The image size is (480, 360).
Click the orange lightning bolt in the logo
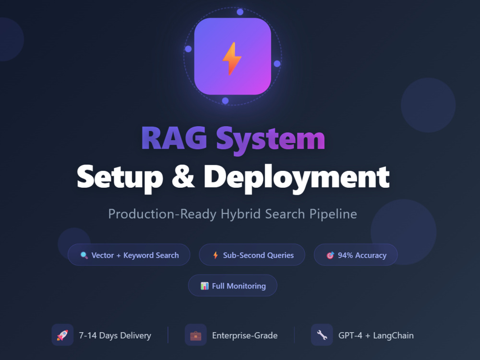click(x=232, y=59)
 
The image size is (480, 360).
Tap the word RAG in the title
click(x=174, y=138)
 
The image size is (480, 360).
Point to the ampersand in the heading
click(x=183, y=177)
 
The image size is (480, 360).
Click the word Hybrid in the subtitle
click(x=241, y=214)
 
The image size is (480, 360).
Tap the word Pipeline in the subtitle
click(x=333, y=214)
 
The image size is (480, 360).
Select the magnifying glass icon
click(x=84, y=255)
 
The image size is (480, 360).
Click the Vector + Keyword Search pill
click(x=129, y=255)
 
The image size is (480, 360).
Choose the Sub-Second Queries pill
click(x=252, y=255)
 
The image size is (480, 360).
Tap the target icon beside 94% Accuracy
click(x=330, y=255)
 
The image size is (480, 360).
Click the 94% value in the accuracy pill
click(x=345, y=255)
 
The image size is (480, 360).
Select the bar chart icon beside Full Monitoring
click(x=204, y=286)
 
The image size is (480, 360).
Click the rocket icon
click(x=62, y=335)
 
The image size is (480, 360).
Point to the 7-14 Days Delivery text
click(x=115, y=336)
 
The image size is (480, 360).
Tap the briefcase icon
click(x=196, y=336)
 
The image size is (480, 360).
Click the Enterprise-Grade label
click(x=245, y=336)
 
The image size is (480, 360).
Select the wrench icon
click(x=322, y=335)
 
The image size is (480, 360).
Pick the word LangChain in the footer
click(x=394, y=336)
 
